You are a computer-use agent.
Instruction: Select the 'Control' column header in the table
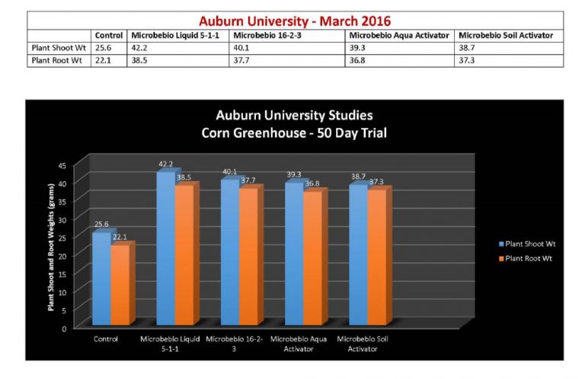[x=109, y=36]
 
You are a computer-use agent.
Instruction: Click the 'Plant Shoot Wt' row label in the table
[x=58, y=47]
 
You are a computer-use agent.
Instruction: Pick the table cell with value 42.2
[x=140, y=47]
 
